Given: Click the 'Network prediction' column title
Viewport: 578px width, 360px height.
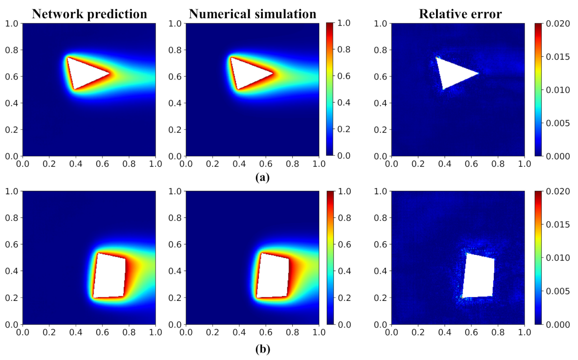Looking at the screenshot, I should pyautogui.click(x=89, y=14).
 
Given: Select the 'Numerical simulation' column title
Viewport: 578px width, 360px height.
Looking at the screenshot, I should pyautogui.click(x=252, y=14).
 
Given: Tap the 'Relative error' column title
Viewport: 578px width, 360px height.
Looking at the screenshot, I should pyautogui.click(x=460, y=14).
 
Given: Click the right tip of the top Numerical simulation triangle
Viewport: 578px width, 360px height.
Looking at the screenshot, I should pyautogui.click(x=274, y=73).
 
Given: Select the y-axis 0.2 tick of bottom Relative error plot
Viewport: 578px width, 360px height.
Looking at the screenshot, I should pyautogui.click(x=380, y=298).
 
